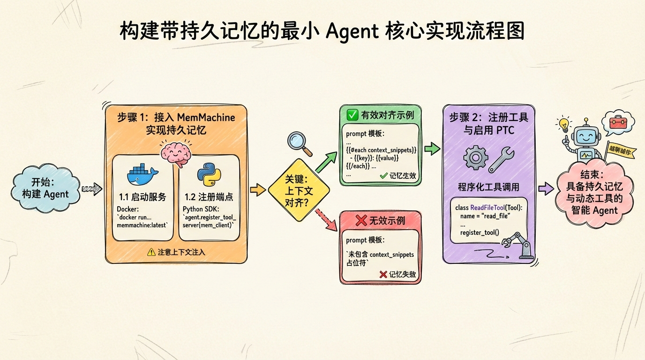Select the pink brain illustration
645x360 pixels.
(174, 152)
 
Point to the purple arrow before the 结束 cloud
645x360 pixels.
(545, 188)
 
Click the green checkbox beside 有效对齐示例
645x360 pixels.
(351, 115)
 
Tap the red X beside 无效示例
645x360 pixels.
(361, 221)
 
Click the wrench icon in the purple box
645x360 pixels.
(501, 160)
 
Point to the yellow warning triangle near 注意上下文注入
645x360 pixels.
(151, 252)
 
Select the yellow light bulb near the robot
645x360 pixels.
(563, 125)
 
